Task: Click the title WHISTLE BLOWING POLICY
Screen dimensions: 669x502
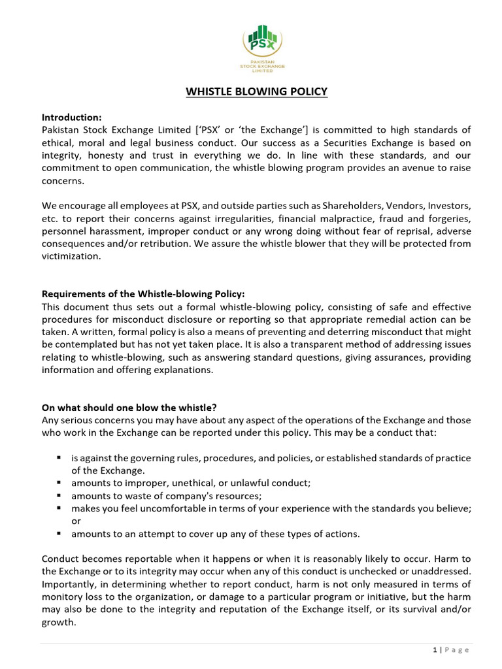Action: [257, 91]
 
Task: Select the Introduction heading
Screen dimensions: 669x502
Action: [72, 118]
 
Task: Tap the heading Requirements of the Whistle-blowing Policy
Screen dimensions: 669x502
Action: [143, 294]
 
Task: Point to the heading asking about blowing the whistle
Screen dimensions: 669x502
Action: [131, 408]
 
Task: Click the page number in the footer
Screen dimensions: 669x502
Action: [435, 649]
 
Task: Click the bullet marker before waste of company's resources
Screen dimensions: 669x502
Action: [59, 495]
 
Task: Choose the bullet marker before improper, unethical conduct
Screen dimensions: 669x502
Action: [59, 483]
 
